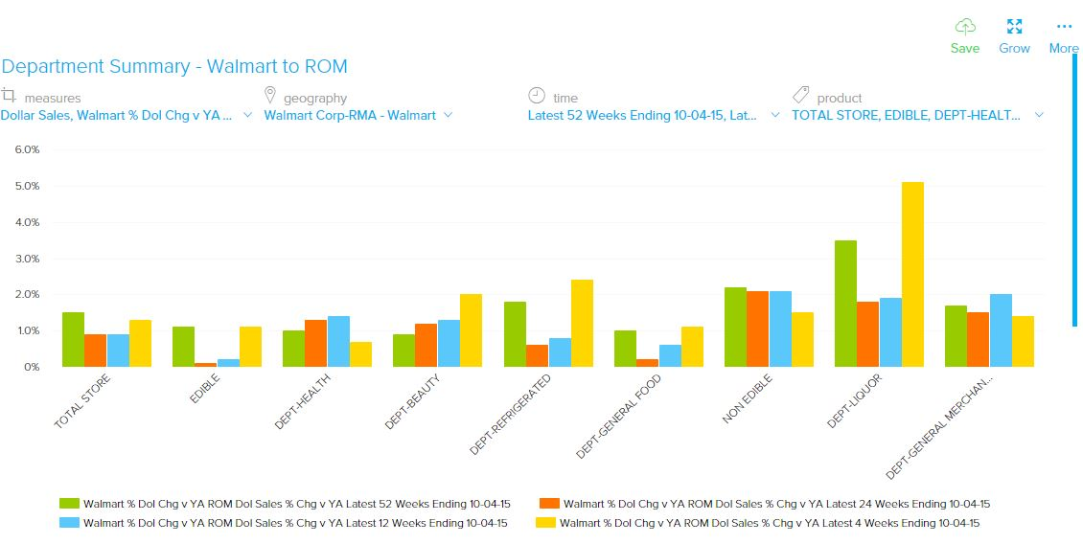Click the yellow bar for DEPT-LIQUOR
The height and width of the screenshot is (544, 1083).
(912, 274)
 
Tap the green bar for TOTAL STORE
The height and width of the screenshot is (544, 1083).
(73, 339)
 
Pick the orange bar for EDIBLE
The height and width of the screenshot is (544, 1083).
(206, 364)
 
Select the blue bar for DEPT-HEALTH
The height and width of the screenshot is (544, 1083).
(338, 341)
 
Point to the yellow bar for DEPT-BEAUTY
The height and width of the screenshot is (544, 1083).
(471, 329)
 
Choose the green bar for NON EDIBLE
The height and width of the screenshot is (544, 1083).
(735, 327)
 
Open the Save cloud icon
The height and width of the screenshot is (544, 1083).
(965, 27)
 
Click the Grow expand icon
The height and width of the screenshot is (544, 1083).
(1014, 27)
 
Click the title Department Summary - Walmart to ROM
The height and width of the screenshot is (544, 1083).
(174, 66)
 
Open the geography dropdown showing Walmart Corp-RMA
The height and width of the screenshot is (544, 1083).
(357, 115)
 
